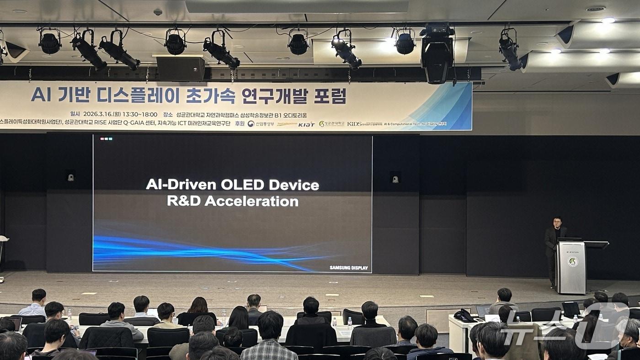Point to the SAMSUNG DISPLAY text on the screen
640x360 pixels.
click(x=348, y=268)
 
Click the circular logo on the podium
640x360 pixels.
click(x=572, y=262)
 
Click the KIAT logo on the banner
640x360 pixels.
click(x=306, y=124)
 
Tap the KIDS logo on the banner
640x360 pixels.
click(x=354, y=124)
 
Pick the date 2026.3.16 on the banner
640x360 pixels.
click(x=99, y=114)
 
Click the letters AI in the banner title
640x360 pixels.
click(x=42, y=95)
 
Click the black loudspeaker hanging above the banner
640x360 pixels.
click(x=181, y=69)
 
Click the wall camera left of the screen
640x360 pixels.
click(x=71, y=177)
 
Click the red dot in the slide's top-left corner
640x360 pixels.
click(x=102, y=138)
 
